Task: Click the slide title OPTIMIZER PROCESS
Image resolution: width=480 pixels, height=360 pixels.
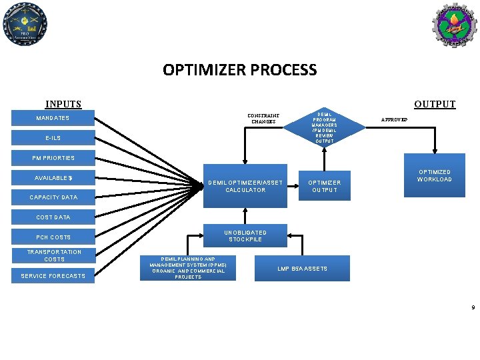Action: [x=239, y=69]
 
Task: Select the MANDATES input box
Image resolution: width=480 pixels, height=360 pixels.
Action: [x=53, y=119]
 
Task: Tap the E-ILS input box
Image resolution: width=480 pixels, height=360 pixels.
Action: [x=53, y=138]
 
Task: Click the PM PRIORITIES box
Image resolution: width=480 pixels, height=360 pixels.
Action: [x=53, y=158]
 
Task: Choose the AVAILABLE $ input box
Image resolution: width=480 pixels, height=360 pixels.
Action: [x=53, y=178]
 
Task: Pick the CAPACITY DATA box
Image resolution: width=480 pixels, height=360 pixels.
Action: [x=53, y=197]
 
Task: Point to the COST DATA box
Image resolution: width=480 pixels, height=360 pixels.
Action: [x=53, y=217]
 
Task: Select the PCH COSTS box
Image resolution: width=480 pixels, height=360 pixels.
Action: [x=53, y=237]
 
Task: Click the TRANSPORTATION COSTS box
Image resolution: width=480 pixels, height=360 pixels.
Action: [x=53, y=255]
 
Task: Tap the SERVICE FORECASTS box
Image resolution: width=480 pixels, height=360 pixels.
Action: [x=53, y=276]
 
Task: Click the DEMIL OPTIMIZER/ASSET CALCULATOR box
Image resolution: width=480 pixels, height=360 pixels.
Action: [x=245, y=187]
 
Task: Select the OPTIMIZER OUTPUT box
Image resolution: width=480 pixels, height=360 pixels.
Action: [x=323, y=187]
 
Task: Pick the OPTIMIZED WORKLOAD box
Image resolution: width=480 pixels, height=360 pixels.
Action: [x=434, y=176]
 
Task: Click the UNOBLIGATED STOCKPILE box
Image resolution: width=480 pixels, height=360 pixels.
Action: [x=245, y=236]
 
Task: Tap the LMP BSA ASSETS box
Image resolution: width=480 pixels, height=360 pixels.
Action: [x=303, y=269]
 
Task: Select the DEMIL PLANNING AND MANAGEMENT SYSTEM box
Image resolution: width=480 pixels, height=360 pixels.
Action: [x=188, y=268]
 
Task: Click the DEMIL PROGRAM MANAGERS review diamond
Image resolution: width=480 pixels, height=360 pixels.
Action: [x=325, y=127]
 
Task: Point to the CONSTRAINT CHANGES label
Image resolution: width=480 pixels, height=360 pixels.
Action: [x=263, y=119]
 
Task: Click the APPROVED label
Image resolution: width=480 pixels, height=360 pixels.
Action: [x=393, y=119]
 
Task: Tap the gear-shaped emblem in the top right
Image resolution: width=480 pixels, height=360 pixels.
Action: [x=454, y=25]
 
